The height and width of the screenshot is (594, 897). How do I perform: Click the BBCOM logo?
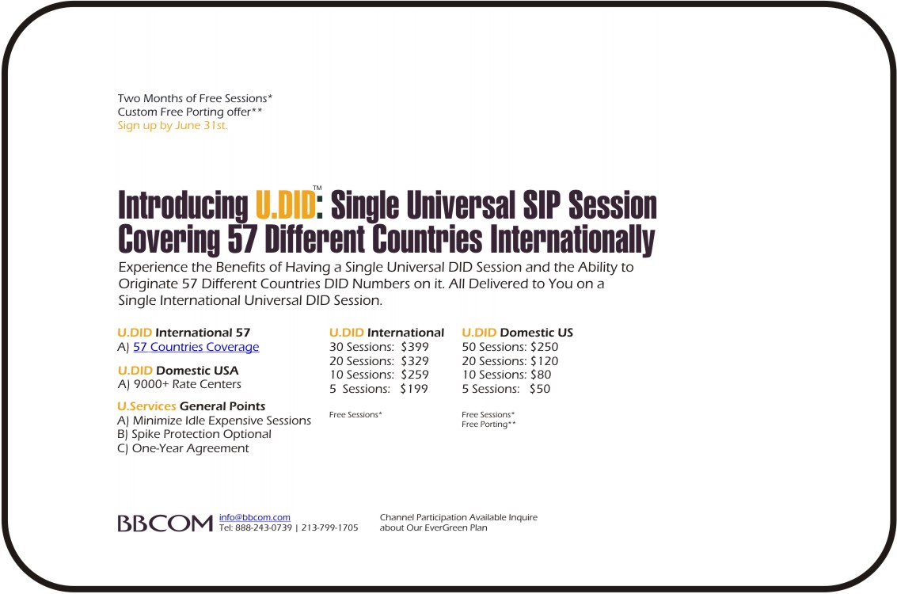[x=165, y=523]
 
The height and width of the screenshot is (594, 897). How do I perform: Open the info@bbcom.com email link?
[x=255, y=517]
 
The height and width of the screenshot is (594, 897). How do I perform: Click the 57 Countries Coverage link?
[x=196, y=347]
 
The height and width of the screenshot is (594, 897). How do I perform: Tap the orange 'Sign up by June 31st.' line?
[x=173, y=125]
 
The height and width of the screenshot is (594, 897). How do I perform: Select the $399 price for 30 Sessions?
[x=415, y=347]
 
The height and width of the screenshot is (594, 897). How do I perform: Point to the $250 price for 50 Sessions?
[x=544, y=347]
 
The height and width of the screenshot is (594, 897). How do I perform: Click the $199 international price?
[x=414, y=389]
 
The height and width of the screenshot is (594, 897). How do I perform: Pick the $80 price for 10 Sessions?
[x=541, y=375]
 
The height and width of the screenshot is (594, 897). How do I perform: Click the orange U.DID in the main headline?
[x=285, y=205]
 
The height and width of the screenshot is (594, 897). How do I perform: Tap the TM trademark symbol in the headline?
[x=317, y=188]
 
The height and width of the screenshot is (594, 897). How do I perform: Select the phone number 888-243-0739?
[x=264, y=527]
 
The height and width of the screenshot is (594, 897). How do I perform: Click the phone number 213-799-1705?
[x=329, y=527]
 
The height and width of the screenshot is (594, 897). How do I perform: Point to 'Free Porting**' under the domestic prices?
[x=488, y=424]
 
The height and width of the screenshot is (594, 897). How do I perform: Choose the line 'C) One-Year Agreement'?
[x=183, y=448]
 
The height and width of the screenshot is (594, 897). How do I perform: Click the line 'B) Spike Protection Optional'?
[x=195, y=434]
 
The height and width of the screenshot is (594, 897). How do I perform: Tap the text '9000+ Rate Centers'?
[x=188, y=385]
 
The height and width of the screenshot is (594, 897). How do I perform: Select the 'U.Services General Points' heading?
[x=192, y=406]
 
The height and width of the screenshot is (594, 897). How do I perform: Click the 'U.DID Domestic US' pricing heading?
[x=518, y=333]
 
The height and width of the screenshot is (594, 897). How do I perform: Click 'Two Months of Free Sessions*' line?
[x=195, y=98]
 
